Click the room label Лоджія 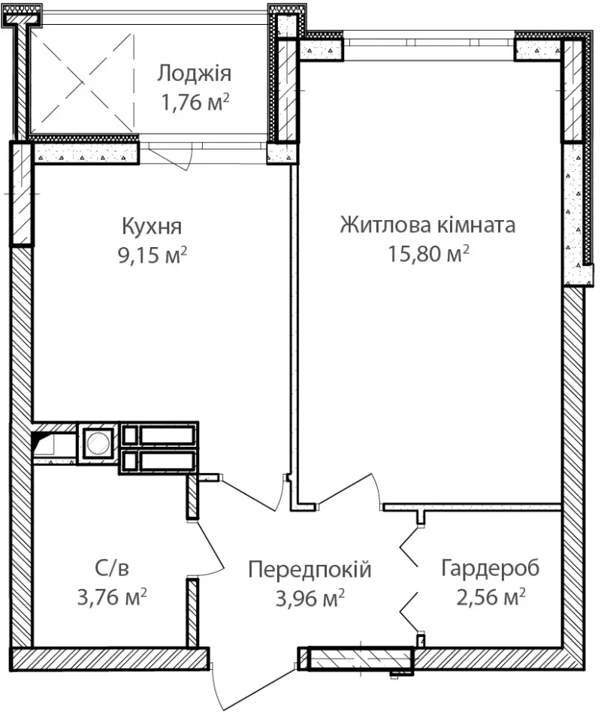(x=195, y=74)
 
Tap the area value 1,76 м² (x=195, y=102)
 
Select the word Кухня (x=152, y=226)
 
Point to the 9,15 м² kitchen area (x=153, y=255)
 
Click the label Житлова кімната (x=427, y=225)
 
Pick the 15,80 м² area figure (x=428, y=254)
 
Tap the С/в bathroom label (x=112, y=568)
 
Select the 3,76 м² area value (x=112, y=597)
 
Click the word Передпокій (x=310, y=569)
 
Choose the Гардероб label (x=491, y=568)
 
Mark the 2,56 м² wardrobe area (x=491, y=597)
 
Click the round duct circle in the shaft (x=98, y=443)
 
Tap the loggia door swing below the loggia (x=170, y=157)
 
